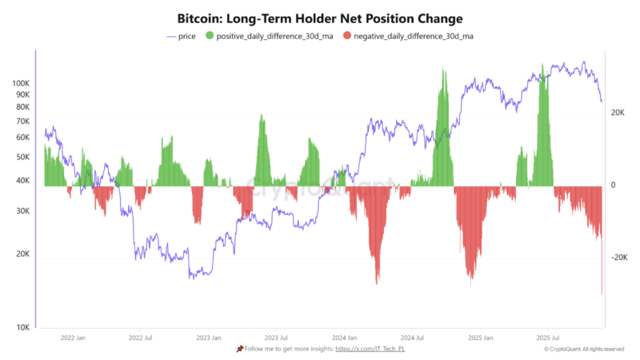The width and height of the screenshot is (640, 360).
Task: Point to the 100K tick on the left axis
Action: (21, 83)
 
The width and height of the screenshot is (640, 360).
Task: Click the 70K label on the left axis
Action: (22, 121)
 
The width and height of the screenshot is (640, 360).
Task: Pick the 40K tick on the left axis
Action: (22, 181)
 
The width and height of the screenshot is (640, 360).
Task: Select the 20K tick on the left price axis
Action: (22, 254)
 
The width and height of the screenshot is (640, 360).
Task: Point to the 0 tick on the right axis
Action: (614, 186)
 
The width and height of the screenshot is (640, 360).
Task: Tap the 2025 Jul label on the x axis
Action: (547, 338)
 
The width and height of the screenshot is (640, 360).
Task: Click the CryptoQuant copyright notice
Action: (584, 350)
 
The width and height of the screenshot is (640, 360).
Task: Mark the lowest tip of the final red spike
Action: (602, 294)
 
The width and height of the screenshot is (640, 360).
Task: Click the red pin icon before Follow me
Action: (239, 350)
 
